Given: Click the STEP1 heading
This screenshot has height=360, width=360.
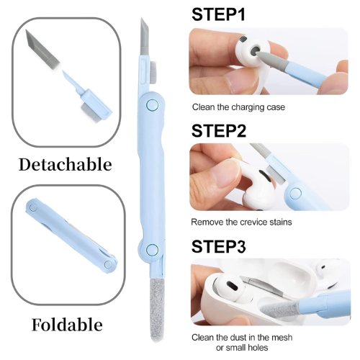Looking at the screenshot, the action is [218, 14].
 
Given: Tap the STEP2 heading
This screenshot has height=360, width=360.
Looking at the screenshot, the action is [219, 131].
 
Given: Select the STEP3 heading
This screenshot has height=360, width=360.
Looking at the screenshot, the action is [219, 246].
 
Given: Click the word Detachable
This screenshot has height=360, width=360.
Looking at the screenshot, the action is [66, 165].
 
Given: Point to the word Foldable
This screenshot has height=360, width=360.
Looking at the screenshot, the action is [67, 325].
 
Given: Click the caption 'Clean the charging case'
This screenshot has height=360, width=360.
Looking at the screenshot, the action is [238, 107].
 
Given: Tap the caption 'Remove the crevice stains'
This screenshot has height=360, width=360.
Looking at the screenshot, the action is [241, 222].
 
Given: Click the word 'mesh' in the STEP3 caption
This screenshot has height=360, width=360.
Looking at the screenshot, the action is [281, 338].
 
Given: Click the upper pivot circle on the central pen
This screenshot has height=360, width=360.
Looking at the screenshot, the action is [152, 105].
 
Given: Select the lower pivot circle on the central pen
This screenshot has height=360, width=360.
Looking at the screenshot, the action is [152, 250].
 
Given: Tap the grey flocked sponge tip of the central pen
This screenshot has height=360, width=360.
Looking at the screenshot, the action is [157, 310].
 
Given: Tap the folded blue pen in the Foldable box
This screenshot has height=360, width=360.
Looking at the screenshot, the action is [71, 236].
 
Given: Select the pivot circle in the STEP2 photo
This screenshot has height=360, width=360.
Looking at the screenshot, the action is [295, 194].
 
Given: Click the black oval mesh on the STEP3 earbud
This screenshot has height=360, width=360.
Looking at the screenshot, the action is [232, 285].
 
